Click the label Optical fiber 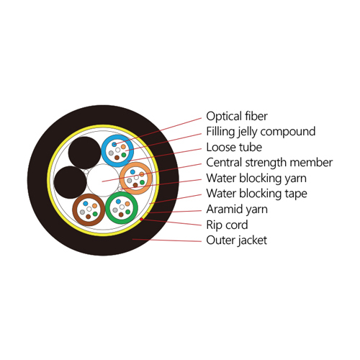(x=237, y=117)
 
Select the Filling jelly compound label (x=261, y=132)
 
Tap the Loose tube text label (x=234, y=147)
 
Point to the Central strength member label (x=269, y=163)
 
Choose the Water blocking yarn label (x=256, y=179)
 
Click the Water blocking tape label (x=256, y=194)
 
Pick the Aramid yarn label (x=237, y=210)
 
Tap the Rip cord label (x=227, y=225)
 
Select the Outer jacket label (x=236, y=240)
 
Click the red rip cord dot (x=141, y=219)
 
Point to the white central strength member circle (x=103, y=180)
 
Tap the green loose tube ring (x=107, y=208)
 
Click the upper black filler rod (x=84, y=153)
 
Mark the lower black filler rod (x=70, y=182)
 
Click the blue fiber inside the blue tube (x=114, y=144)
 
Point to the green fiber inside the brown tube (x=95, y=214)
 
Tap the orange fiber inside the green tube (x=127, y=204)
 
